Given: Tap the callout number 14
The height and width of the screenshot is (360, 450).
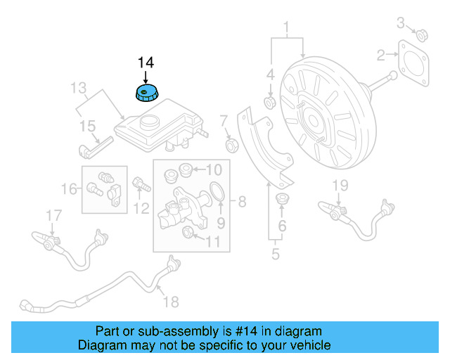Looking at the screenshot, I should (145, 62).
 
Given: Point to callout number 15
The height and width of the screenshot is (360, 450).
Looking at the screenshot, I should (86, 127).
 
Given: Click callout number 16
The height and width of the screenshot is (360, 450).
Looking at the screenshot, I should (69, 188).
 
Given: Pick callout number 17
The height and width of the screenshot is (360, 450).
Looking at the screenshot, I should (53, 214).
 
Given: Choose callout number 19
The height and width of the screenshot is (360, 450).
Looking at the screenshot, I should (340, 185).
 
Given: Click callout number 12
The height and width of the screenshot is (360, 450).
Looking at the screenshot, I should (141, 207).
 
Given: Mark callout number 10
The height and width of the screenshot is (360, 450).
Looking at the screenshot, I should (214, 169).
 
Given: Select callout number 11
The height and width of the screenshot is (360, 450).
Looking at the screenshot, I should (212, 242).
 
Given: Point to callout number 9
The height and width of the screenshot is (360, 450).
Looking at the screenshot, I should (220, 224).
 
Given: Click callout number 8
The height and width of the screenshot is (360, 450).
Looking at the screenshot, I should (241, 203).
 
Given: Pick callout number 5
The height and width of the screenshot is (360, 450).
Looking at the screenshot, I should (276, 255).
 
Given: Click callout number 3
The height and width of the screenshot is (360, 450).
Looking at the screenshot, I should (401, 23).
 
